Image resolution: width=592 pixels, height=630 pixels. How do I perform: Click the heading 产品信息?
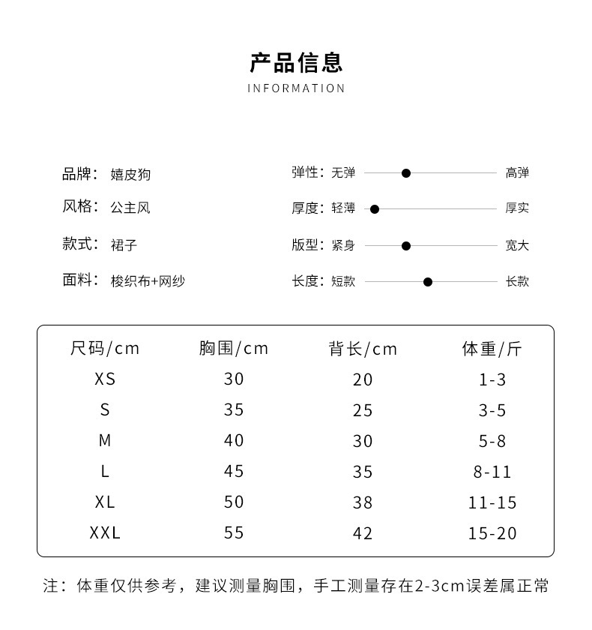(296, 61)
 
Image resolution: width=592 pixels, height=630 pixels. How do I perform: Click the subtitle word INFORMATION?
(296, 88)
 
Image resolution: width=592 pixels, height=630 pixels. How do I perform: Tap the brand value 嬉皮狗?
(130, 175)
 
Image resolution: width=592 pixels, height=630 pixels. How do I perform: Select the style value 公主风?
(130, 208)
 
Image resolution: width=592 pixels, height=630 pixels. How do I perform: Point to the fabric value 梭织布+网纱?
(148, 281)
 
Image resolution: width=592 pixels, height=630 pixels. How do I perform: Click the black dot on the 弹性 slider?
(406, 173)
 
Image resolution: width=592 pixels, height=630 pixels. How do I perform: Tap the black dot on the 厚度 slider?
(375, 209)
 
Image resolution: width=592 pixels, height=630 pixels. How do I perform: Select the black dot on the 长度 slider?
(428, 282)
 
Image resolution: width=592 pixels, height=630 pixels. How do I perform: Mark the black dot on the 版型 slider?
(406, 246)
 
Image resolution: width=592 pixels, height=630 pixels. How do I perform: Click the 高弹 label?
(517, 173)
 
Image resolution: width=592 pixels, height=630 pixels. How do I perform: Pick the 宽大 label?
(517, 246)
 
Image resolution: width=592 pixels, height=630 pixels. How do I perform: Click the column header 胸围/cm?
(234, 349)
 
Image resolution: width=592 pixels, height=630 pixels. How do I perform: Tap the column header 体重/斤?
(492, 349)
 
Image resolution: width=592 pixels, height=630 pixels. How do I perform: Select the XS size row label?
(105, 379)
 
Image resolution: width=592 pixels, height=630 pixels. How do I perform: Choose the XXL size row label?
(105, 533)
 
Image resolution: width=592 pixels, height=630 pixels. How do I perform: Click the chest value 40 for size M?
(234, 441)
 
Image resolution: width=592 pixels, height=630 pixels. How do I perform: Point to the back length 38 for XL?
(363, 502)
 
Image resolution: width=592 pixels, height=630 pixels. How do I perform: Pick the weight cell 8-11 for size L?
(492, 472)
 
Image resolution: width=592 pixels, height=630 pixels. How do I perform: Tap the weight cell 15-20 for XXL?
(492, 533)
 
